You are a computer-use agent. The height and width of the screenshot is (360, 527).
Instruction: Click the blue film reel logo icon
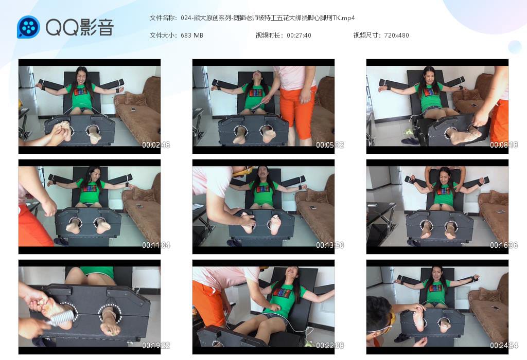(29, 27)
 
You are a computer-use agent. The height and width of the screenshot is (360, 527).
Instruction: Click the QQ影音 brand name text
(80, 27)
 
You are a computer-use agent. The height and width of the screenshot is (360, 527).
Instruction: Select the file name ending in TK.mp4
(268, 18)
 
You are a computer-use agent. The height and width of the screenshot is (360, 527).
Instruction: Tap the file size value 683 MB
(192, 35)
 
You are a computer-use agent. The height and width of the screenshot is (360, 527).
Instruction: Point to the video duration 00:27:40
(299, 35)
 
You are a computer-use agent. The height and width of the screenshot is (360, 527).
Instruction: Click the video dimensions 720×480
(396, 35)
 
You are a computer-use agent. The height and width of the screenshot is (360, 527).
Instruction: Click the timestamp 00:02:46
(155, 145)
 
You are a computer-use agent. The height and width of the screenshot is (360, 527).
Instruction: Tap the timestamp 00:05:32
(330, 145)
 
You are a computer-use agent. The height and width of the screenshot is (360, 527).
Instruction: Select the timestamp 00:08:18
(503, 145)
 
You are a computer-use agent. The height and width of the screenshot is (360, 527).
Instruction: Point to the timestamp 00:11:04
(155, 245)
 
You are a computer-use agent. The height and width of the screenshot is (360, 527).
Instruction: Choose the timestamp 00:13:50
(330, 245)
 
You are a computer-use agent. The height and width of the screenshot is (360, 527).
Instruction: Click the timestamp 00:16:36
(503, 245)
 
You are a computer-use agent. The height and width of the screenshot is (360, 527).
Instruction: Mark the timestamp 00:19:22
(155, 345)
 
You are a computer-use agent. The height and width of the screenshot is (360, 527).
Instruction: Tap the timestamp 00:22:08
(330, 345)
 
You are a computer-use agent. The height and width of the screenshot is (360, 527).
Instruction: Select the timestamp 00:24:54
(503, 345)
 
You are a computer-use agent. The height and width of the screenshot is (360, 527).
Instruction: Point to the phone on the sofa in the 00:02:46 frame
(133, 109)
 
